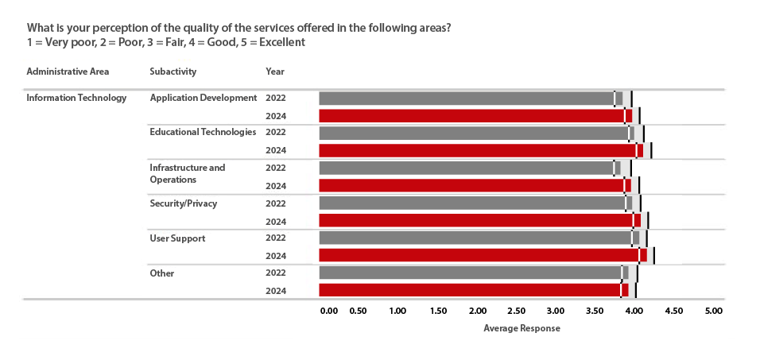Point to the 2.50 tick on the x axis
pyautogui.click(x=517, y=311)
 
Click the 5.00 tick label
pyautogui.click(x=712, y=311)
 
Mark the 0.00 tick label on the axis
pyautogui.click(x=329, y=311)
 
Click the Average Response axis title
pyautogui.click(x=522, y=328)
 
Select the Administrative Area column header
pyautogui.click(x=68, y=72)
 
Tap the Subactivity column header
pyautogui.click(x=173, y=72)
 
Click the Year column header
pyautogui.click(x=275, y=72)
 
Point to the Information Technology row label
pyautogui.click(x=76, y=98)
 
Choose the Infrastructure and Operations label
pyautogui.click(x=188, y=173)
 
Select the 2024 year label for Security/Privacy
pyautogui.click(x=275, y=221)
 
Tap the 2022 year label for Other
pyautogui.click(x=275, y=273)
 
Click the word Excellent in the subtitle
pyautogui.click(x=281, y=42)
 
